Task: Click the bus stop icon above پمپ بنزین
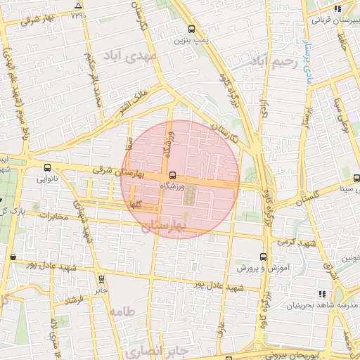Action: pos(192,30)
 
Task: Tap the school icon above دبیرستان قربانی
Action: pos(337,9)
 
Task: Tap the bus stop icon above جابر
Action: pos(102,278)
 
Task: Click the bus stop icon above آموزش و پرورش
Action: pos(263,257)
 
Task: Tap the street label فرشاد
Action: pos(73,300)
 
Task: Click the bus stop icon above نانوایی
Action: pos(47,168)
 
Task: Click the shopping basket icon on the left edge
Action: pos(12,258)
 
